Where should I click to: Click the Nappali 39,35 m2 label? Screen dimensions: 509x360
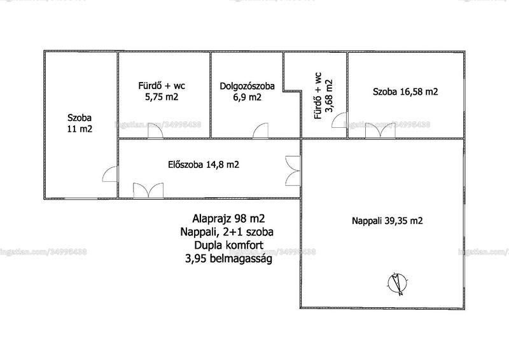click(x=387, y=221)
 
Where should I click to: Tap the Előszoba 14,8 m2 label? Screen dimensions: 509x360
click(x=204, y=165)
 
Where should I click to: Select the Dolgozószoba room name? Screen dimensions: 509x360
click(x=247, y=87)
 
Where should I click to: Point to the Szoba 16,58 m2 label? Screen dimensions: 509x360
click(x=405, y=92)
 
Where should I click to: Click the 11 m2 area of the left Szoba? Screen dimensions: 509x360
click(x=80, y=129)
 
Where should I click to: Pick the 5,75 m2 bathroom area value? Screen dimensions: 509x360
click(x=162, y=97)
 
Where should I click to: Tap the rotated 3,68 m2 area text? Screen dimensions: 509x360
click(x=329, y=96)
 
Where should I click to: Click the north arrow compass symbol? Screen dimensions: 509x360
click(x=398, y=283)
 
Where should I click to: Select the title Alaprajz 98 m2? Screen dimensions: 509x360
click(x=228, y=218)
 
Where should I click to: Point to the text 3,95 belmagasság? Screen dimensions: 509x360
click(x=228, y=259)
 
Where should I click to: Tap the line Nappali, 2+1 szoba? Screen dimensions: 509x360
click(x=227, y=232)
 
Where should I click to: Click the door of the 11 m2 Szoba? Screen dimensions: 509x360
click(x=110, y=174)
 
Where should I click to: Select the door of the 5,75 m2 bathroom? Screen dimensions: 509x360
click(x=155, y=132)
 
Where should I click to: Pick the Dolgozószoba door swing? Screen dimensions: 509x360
click(x=261, y=131)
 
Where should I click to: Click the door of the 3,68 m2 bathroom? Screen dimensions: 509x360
click(x=340, y=120)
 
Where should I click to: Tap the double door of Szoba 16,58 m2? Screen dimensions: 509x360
click(x=380, y=131)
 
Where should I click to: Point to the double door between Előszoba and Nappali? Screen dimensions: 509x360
click(x=293, y=170)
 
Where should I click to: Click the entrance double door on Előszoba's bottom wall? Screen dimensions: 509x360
click(x=148, y=190)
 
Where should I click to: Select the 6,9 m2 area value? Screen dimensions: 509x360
click(x=247, y=97)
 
